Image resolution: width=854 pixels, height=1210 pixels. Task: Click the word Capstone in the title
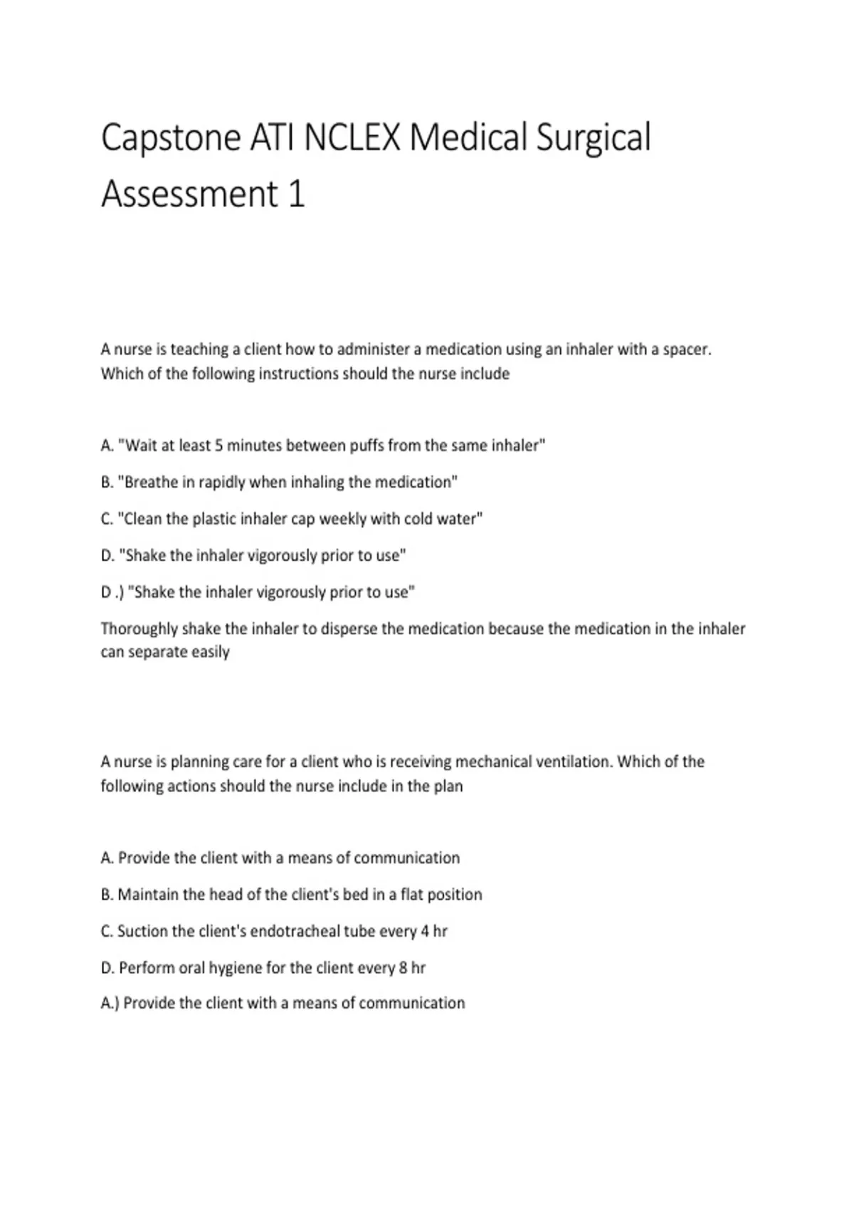tap(171, 137)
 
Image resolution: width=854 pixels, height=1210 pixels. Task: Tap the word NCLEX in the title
tap(352, 137)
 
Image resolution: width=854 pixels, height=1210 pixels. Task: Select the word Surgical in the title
tap(593, 137)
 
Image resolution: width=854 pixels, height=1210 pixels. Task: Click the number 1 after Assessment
tap(297, 194)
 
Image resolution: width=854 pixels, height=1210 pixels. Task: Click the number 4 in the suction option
tap(425, 931)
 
